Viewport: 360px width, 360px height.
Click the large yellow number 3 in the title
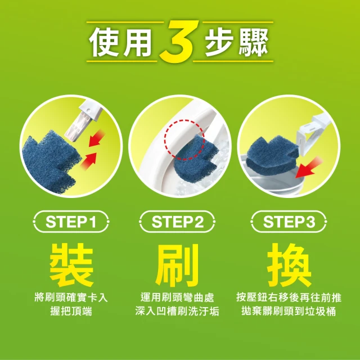pyautogui.click(x=179, y=41)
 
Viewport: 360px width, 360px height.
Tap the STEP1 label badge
pyautogui.click(x=71, y=222)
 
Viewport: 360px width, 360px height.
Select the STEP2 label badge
pyautogui.click(x=177, y=222)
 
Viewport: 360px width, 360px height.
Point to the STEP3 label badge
pyautogui.click(x=289, y=222)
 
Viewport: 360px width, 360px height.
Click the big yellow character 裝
pyautogui.click(x=71, y=265)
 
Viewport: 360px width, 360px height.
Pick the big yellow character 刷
pyautogui.click(x=177, y=265)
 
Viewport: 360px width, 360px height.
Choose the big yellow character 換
pyautogui.click(x=289, y=265)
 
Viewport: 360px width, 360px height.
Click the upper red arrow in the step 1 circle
pyautogui.click(x=96, y=138)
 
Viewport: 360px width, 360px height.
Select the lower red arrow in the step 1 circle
pyautogui.click(x=88, y=161)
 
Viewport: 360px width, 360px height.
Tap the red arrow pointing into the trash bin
pyautogui.click(x=308, y=167)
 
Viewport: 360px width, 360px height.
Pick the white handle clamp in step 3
pyautogui.click(x=310, y=133)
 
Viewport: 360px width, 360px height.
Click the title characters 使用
pyautogui.click(x=121, y=42)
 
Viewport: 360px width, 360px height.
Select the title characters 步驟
pyautogui.click(x=237, y=42)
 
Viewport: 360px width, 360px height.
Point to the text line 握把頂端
pyautogui.click(x=71, y=312)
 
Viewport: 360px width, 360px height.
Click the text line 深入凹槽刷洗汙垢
pyautogui.click(x=177, y=312)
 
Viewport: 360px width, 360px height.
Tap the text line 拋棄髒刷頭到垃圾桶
pyautogui.click(x=289, y=312)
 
